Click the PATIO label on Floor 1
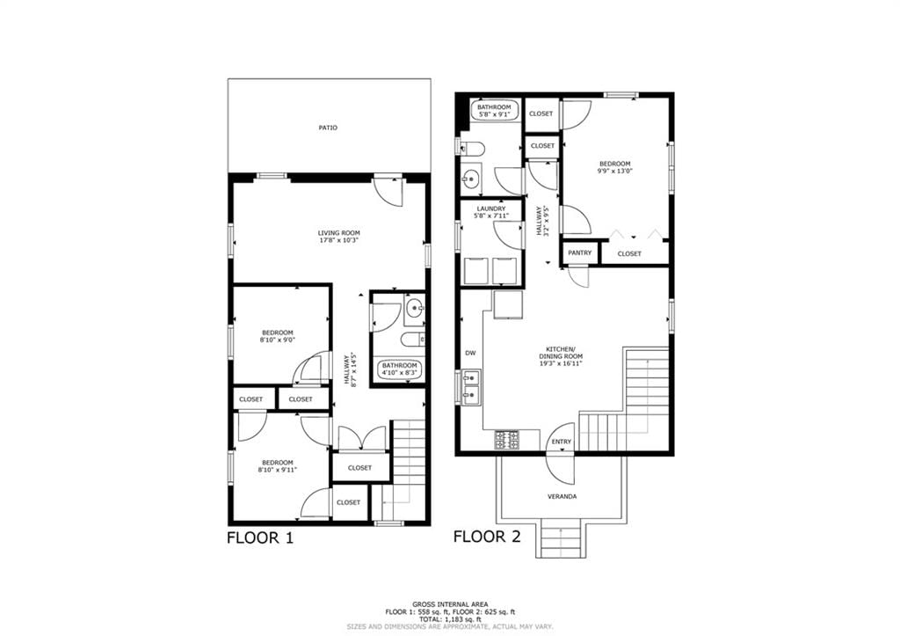click(x=328, y=128)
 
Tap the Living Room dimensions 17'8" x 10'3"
click(x=338, y=241)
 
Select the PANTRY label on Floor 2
click(x=580, y=252)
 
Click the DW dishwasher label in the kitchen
click(x=471, y=354)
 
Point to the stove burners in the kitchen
click(x=507, y=440)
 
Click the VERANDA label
click(x=562, y=496)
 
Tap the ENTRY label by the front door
click(x=562, y=442)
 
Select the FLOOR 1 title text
click(x=260, y=537)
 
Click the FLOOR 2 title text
click(x=487, y=537)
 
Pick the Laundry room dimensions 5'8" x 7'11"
click(x=490, y=216)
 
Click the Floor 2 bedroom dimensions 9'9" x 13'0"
click(x=614, y=171)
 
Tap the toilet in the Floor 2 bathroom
click(x=472, y=149)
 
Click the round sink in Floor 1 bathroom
click(x=414, y=310)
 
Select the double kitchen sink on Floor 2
click(x=472, y=388)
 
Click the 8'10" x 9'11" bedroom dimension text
click(x=278, y=470)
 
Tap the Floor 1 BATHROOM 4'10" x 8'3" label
click(x=400, y=369)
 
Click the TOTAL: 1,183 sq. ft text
click(x=451, y=620)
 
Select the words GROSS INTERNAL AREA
click(x=451, y=604)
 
